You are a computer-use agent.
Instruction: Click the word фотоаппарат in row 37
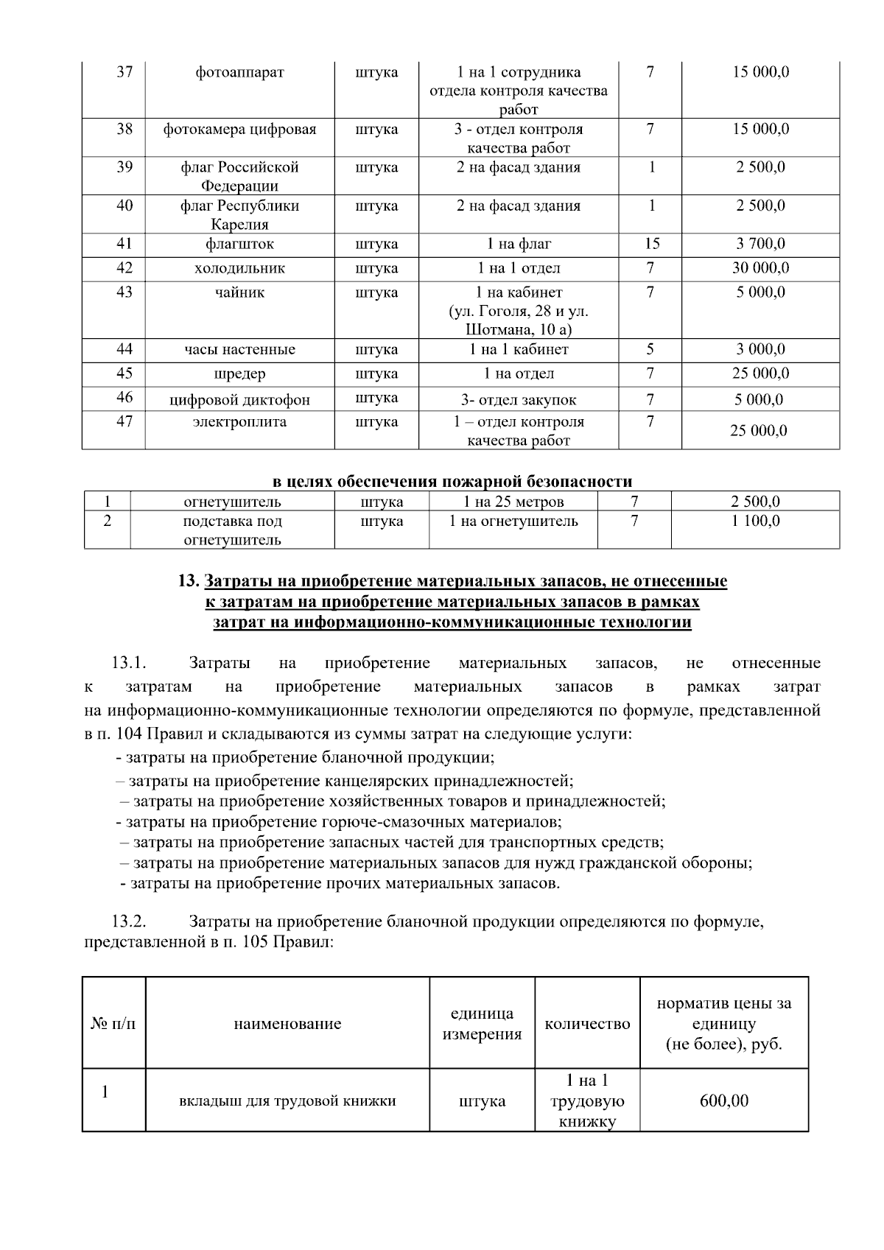[239, 72]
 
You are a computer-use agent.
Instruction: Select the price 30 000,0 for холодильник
[760, 268]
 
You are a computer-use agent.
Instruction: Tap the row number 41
[124, 244]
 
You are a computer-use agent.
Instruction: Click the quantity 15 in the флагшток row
[651, 244]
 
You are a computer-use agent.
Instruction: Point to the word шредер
[239, 374]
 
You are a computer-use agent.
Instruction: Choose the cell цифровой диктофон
[239, 400]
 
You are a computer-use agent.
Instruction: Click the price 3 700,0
[760, 244]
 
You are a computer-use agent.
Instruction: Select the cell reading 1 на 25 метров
[513, 502]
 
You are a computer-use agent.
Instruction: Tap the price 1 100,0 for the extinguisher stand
[755, 522]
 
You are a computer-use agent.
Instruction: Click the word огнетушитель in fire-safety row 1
[232, 502]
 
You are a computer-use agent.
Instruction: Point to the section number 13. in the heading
[189, 581]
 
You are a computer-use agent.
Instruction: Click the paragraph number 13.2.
[129, 921]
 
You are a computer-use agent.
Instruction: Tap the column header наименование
[287, 1024]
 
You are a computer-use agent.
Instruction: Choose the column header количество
[587, 1024]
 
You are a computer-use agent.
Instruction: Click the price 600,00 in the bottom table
[723, 1101]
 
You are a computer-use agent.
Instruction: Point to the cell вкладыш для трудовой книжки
[287, 1101]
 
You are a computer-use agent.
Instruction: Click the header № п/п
[113, 1024]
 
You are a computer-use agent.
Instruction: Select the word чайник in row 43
[239, 292]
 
